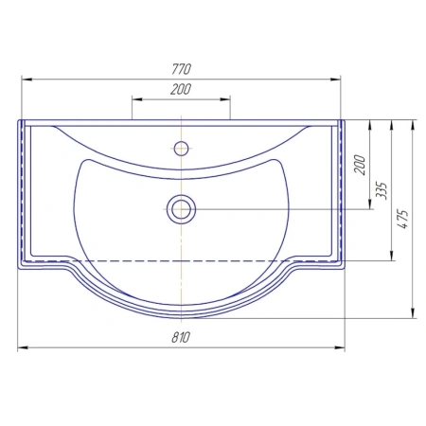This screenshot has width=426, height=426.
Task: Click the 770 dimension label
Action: coord(182,69)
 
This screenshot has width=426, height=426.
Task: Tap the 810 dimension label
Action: coord(181,337)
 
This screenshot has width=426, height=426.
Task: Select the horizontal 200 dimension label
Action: coord(181,89)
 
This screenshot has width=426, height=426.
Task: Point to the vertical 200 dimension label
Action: coord(360,165)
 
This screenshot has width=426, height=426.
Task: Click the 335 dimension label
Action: coord(382,190)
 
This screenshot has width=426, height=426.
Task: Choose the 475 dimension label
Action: coord(403,219)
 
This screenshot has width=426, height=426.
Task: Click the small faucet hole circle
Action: coord(182,149)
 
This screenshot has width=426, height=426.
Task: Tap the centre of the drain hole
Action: coord(182,209)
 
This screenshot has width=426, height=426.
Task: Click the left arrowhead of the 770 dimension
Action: coord(27,80)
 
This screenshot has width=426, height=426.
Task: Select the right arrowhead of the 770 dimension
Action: coord(335,80)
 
